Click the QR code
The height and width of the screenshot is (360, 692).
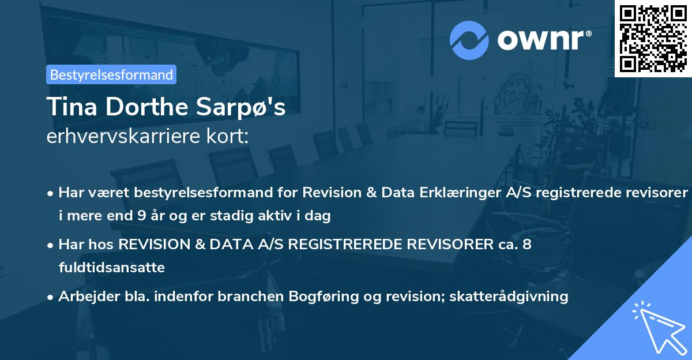click(652, 38)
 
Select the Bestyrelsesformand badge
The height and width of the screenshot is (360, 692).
click(111, 74)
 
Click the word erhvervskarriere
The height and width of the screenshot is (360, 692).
click(116, 136)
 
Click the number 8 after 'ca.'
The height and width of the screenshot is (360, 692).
click(526, 245)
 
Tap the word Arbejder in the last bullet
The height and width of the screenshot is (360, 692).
click(83, 297)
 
